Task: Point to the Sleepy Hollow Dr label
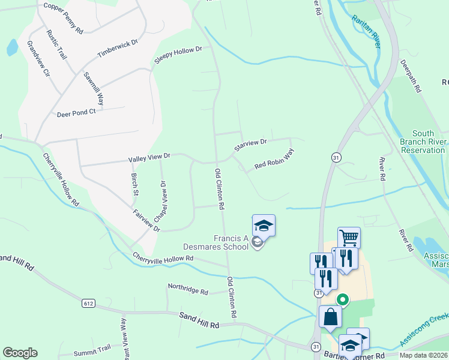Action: pos(179,55)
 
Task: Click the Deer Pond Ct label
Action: pos(76,113)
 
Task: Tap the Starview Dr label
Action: pos(250,145)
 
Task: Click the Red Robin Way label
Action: pos(274,159)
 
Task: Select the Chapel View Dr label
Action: pos(162,199)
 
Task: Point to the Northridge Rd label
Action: pos(188,290)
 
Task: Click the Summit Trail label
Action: pos(92,350)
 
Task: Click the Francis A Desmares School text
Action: pos(215,242)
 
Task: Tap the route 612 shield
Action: pos(89,304)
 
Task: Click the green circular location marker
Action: pos(343,298)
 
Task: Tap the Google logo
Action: pos(20,352)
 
